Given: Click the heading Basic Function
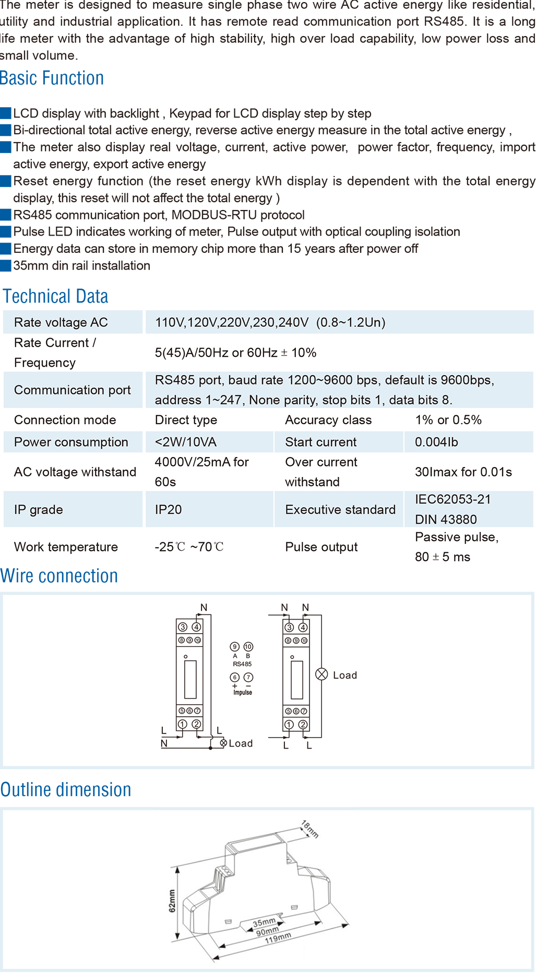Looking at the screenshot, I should pos(52,78).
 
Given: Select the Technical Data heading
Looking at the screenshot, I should pos(56,296).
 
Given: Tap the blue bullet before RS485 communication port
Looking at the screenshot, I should pos(6,215).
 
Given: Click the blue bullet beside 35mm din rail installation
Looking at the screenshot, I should pos(6,265).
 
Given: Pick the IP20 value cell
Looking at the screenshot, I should pos(168,509).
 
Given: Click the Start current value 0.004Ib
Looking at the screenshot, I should pos(436,442).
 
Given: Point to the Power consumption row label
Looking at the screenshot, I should pos(71,442).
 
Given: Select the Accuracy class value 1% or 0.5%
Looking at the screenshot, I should pos(448,420).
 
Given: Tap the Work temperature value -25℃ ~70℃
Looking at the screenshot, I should pos(189,547).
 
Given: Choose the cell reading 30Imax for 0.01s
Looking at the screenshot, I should pos(463,472).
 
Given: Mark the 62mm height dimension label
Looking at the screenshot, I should pos(172,901).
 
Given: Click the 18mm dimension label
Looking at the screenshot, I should pos(309,829).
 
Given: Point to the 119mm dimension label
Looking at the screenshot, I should pos(278,938).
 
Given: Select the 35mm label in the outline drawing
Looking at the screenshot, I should pos(264,923).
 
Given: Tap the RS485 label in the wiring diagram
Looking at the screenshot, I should pos(242,664).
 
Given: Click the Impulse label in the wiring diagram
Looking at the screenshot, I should pos(243,692).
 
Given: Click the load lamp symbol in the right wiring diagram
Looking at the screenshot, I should pos(321,674).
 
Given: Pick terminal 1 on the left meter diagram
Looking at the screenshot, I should pos(183,724).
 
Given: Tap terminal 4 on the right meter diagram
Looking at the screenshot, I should pos(303,627).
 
